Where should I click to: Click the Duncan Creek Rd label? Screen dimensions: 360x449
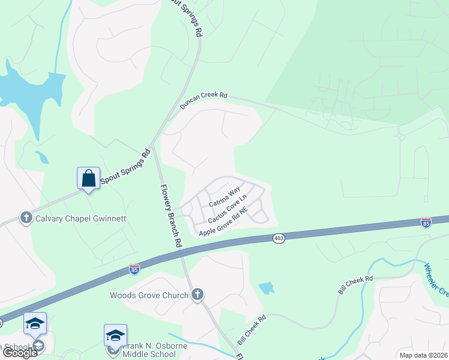pos(204,100)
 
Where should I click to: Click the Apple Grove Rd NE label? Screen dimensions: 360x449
pos(223,223)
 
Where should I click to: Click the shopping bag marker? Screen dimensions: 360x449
pos(88,178)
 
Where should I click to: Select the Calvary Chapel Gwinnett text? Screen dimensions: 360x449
pos(81,218)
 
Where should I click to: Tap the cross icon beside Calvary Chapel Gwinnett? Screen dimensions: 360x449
pos(26,218)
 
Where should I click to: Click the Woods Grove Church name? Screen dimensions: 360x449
pos(149,295)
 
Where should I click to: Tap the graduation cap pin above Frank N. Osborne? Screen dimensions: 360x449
pos(115,335)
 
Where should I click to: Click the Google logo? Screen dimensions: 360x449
pos(19,353)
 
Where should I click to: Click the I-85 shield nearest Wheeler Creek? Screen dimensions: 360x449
pos(426,223)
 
